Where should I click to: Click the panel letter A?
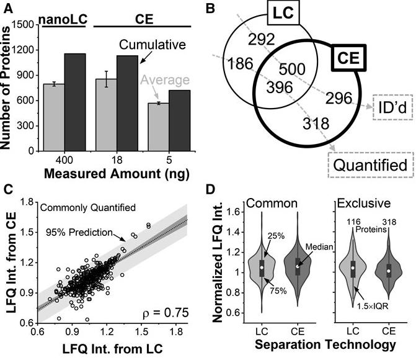click(7, 7)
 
